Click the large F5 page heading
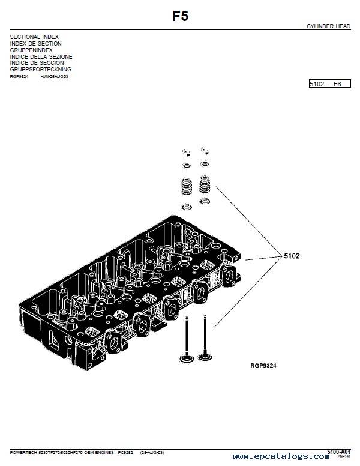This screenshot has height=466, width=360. coord(180,16)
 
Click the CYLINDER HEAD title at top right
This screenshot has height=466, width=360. coord(329,26)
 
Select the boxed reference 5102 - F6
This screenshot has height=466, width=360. coord(330,84)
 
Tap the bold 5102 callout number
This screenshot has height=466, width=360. coord(292,256)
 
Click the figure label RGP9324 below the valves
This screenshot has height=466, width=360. coord(263,366)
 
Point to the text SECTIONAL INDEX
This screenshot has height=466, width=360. coord(34,37)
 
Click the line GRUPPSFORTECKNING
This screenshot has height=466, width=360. coord(41,70)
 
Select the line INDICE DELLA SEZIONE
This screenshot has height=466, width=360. coord(41,56)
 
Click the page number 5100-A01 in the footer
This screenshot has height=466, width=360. coord(339,452)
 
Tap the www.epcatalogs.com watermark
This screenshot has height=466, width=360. coord(281,456)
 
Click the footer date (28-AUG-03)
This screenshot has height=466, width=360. coord(152,452)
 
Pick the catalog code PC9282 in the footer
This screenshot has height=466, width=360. coord(125,452)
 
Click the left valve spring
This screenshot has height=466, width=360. coord(187,186)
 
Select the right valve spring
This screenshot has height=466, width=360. coord(205,184)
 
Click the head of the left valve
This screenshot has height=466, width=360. coord(186,359)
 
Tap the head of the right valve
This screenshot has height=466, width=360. coord(205,356)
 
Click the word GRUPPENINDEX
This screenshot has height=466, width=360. coord(31,50)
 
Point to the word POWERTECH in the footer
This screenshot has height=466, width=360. coord(23,452)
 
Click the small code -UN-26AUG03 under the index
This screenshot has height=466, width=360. coord(55,76)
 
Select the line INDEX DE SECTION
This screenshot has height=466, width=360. coord(35,44)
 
